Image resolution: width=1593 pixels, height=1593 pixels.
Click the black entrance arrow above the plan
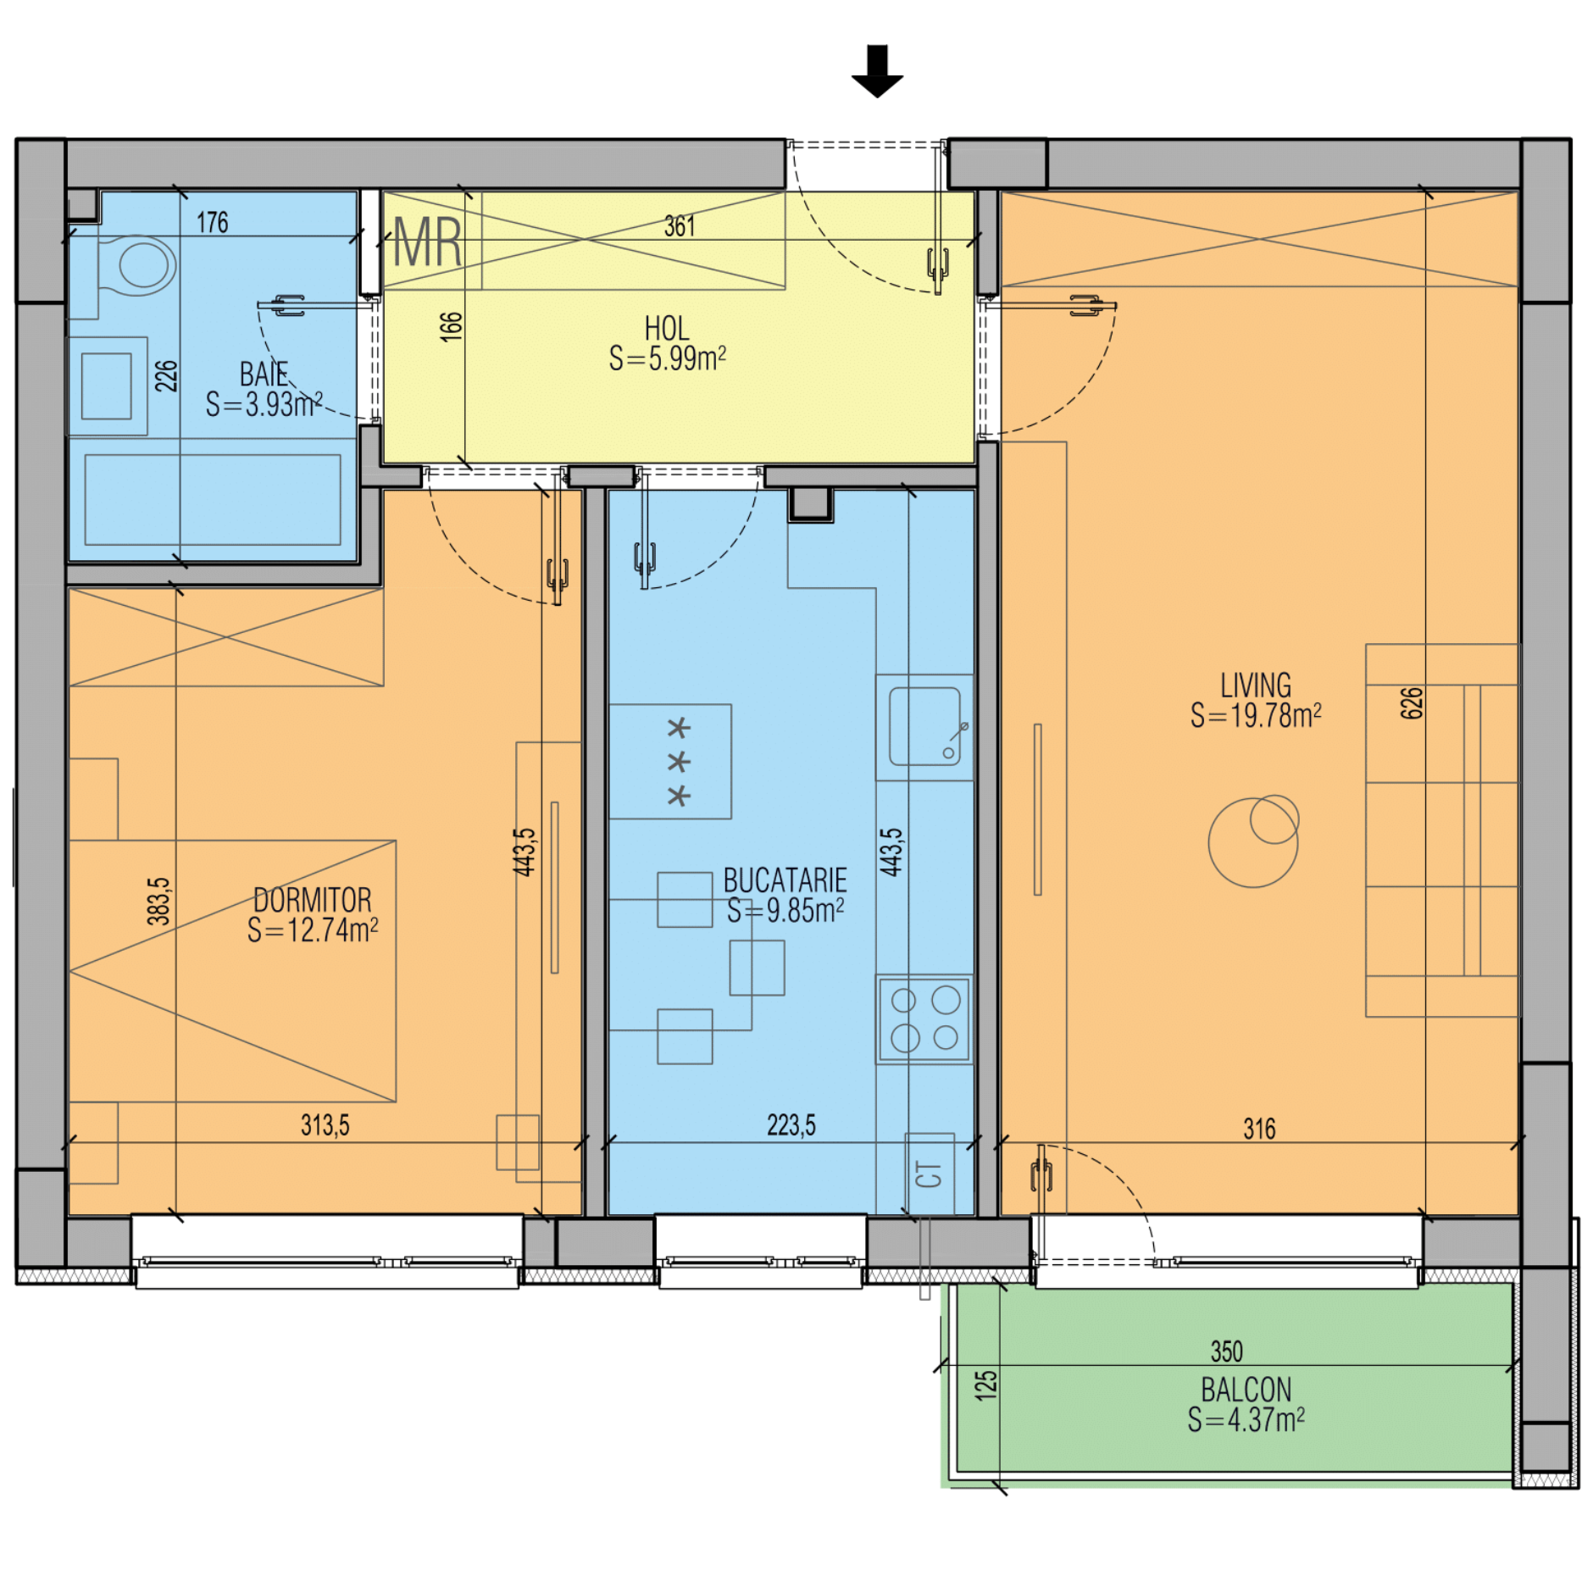[877, 71]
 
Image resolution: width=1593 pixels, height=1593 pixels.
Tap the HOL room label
[667, 329]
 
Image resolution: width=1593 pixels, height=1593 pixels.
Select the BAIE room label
[264, 374]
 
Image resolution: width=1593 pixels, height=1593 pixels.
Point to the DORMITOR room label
[313, 900]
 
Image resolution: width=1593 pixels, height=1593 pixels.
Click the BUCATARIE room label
[785, 880]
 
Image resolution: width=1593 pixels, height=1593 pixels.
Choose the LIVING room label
[1256, 685]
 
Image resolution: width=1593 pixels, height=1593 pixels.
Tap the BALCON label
[1246, 1390]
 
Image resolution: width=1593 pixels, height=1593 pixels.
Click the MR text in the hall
[428, 243]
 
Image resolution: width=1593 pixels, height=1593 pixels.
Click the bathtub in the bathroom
[213, 499]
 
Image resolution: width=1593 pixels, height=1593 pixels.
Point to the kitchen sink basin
[924, 726]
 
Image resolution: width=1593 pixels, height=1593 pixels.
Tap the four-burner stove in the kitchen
[924, 1019]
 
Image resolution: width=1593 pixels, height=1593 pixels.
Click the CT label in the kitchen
[929, 1174]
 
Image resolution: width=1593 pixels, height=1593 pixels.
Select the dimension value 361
[680, 226]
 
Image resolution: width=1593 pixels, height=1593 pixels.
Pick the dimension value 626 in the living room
[1412, 703]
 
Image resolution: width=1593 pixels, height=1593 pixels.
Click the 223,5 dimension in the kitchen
[791, 1124]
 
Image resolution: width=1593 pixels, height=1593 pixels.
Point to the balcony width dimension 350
[1227, 1351]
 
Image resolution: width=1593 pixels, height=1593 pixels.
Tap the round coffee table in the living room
[1252, 843]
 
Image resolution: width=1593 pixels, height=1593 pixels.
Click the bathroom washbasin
[107, 386]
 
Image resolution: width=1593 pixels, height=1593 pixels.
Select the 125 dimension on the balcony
[985, 1385]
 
